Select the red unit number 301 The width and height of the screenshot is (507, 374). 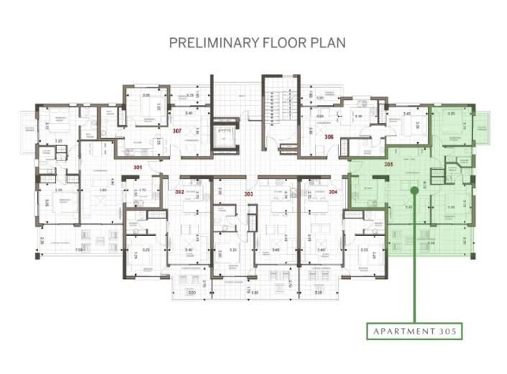tap(137, 167)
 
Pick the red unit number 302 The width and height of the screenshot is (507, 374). tap(181, 192)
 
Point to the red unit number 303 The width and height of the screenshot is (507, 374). tap(250, 194)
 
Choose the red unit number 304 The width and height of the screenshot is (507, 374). tap(332, 192)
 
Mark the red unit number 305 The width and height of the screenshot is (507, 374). tap(388, 164)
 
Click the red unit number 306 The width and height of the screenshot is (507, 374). tap(328, 136)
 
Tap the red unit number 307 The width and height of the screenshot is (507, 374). tap(177, 130)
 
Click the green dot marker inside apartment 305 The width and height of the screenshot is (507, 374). tap(414, 191)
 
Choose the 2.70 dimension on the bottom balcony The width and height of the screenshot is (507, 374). tap(204, 284)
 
